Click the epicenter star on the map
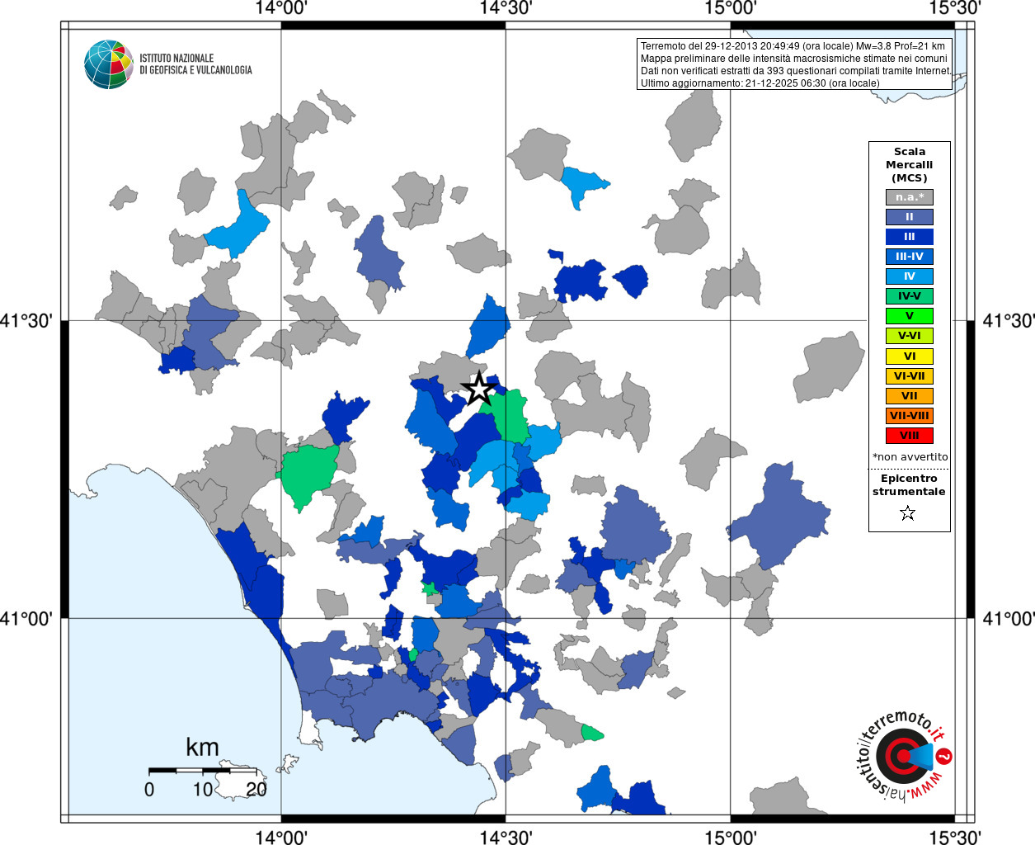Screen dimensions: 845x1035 click(x=478, y=389)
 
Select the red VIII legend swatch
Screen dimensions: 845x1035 click(x=909, y=436)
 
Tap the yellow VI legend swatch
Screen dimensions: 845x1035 click(x=909, y=356)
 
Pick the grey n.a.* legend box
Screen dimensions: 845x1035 click(x=909, y=197)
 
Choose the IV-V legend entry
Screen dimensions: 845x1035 click(x=909, y=296)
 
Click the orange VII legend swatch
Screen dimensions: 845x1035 click(x=909, y=396)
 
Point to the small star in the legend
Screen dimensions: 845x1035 click(x=908, y=513)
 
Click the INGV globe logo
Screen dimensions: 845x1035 click(x=108, y=64)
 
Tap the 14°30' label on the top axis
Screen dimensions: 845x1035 click(x=506, y=8)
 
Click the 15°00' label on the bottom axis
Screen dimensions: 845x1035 click(x=731, y=836)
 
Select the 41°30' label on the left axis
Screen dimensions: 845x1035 click(x=31, y=320)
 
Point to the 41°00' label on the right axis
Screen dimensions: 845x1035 click(x=1008, y=618)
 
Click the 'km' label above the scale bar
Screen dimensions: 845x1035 click(x=202, y=748)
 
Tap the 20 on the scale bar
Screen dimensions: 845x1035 click(x=256, y=790)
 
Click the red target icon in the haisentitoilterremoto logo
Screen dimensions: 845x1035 click(x=901, y=756)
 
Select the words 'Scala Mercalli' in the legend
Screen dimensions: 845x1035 click(x=909, y=158)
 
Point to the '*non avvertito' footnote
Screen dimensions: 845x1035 click(x=910, y=457)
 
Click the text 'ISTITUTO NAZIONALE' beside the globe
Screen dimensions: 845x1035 click(x=176, y=58)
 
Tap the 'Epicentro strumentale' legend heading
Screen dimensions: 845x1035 click(x=909, y=484)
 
